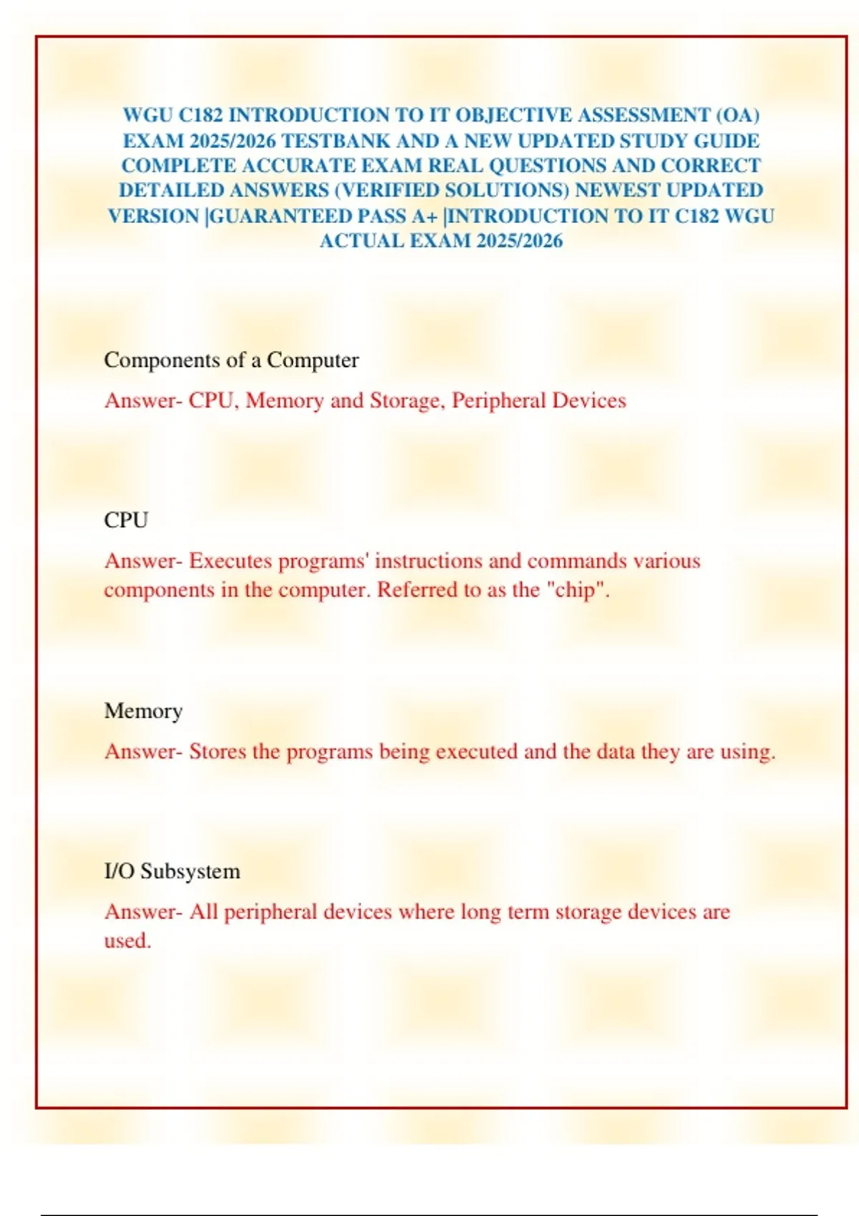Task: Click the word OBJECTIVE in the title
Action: [513, 115]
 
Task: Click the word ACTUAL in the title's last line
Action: [362, 241]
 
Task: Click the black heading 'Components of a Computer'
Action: [231, 360]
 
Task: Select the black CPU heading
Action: [126, 520]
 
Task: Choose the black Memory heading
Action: [143, 711]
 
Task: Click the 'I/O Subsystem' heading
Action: [172, 871]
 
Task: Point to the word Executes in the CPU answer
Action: [230, 561]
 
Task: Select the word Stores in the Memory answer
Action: [218, 752]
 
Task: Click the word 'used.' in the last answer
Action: [127, 941]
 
